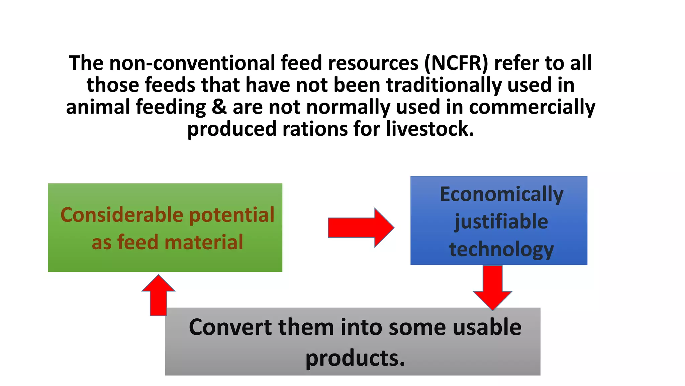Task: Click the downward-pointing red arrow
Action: [492, 287]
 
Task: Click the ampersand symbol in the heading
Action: [219, 107]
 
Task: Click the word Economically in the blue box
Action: [501, 194]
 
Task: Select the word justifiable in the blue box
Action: [501, 222]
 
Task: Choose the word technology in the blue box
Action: [501, 250]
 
